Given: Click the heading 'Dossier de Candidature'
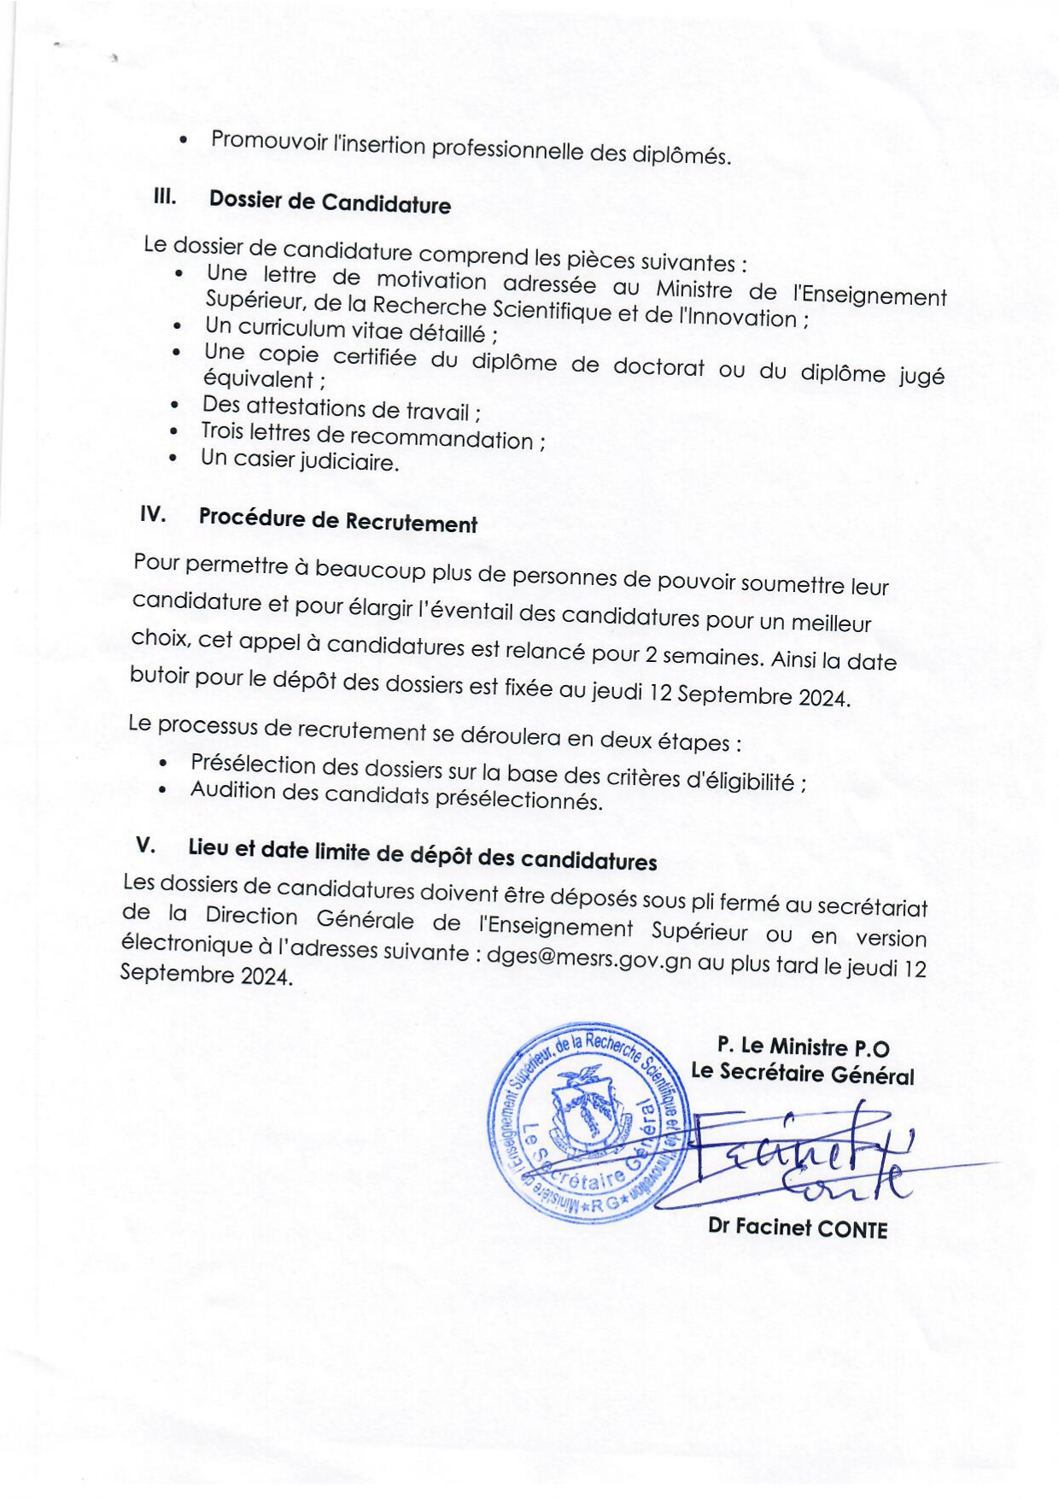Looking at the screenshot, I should click(x=330, y=202).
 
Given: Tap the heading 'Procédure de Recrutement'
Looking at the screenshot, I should click(x=337, y=520).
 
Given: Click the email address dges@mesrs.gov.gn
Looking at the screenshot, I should click(x=588, y=958).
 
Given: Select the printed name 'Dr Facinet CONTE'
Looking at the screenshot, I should click(x=798, y=1228).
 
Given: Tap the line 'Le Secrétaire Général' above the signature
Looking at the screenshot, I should click(x=802, y=1074).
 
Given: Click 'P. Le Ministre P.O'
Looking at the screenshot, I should click(x=803, y=1046).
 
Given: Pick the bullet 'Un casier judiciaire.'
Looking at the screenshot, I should click(x=300, y=461).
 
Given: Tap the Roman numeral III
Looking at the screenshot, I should click(x=164, y=196).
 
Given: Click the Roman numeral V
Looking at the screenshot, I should click(x=145, y=845).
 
